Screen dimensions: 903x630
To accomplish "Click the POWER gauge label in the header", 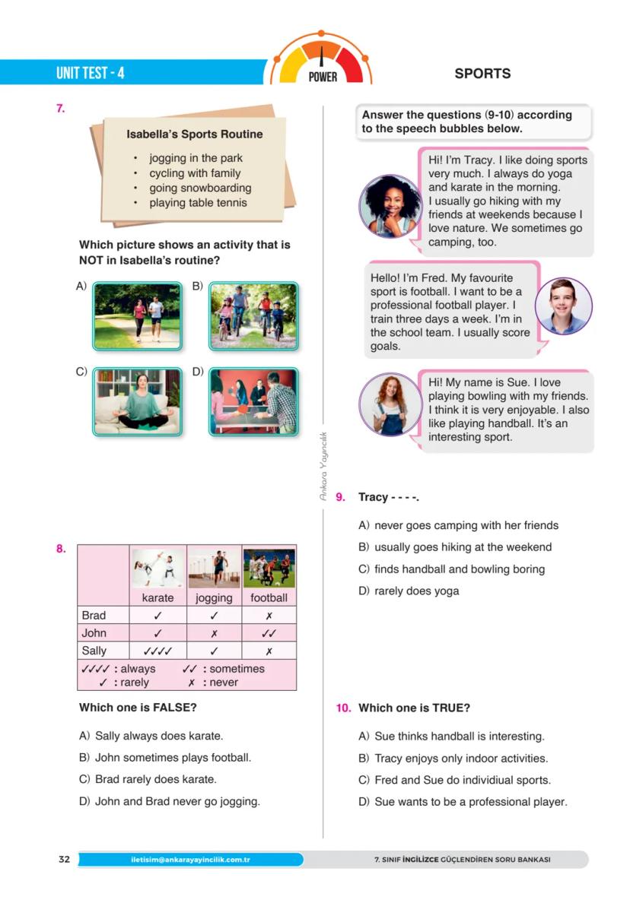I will (x=323, y=77).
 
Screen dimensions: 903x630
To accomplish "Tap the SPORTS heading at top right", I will (x=482, y=74).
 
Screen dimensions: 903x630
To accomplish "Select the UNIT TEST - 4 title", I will (x=90, y=74).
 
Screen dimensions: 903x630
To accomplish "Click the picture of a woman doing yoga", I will (x=138, y=401).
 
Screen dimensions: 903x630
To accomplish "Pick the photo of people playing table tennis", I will (x=253, y=401).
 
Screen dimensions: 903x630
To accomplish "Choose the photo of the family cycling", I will (x=253, y=315).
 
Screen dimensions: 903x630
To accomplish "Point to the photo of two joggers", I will (x=138, y=315).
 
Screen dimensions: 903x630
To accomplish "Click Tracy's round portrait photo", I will (x=390, y=206).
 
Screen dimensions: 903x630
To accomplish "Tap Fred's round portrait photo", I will (x=563, y=306).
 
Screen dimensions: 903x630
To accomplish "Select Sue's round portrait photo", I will (x=390, y=404).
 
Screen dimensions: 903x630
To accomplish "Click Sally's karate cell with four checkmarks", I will (x=157, y=651).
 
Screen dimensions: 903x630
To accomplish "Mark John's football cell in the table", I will (x=269, y=633).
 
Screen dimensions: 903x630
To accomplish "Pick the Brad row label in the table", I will (x=94, y=615).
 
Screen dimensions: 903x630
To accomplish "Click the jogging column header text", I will (x=214, y=597).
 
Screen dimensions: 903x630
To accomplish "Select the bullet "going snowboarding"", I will (x=200, y=188).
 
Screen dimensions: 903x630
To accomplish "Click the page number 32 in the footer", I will (x=64, y=860).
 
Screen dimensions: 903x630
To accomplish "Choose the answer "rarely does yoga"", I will (x=416, y=591).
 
